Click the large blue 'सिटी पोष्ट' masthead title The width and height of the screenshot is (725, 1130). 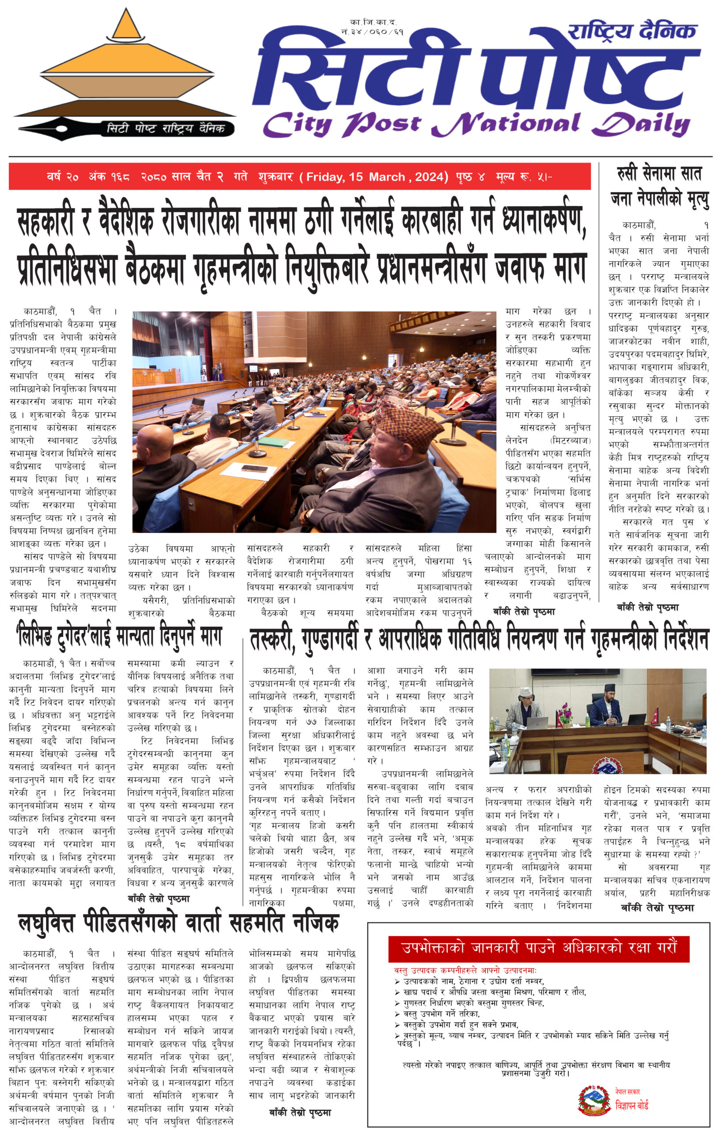476,71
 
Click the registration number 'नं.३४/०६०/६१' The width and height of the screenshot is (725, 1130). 372,32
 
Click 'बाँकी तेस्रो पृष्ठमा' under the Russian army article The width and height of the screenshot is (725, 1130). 648,607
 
